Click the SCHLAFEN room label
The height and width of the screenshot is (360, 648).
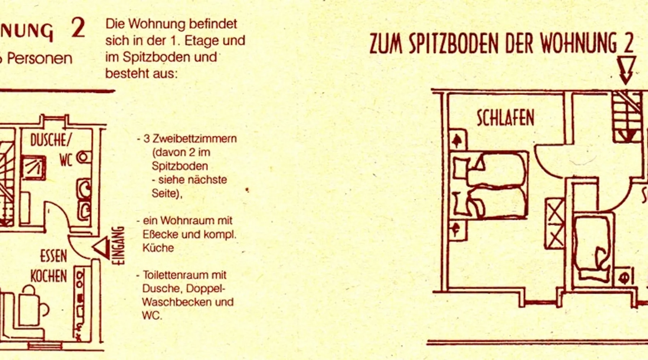pyautogui.click(x=505, y=118)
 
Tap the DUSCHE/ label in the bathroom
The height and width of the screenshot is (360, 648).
pyautogui.click(x=51, y=140)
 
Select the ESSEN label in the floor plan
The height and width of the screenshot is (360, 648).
pyautogui.click(x=53, y=256)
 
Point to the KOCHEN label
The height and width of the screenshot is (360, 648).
pyautogui.click(x=49, y=276)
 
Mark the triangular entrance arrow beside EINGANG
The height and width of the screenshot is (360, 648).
pyautogui.click(x=102, y=248)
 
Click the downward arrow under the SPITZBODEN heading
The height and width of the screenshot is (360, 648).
pyautogui.click(x=626, y=70)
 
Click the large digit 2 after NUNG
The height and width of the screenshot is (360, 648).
pyautogui.click(x=78, y=28)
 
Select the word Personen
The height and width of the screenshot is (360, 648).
pyautogui.click(x=40, y=59)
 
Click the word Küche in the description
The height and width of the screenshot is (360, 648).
pyautogui.click(x=158, y=248)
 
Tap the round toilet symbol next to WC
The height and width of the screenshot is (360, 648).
pyautogui.click(x=84, y=157)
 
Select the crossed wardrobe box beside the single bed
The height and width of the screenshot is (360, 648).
pyautogui.click(x=555, y=224)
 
